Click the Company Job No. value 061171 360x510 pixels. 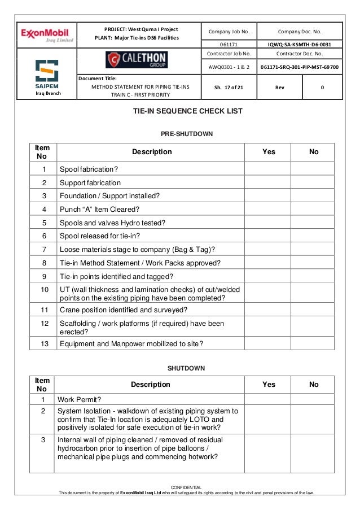228,43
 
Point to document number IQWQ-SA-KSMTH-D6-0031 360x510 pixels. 300,43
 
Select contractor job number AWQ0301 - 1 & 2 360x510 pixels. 228,67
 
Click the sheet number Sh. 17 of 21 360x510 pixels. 228,88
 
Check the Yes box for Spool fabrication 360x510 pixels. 269,169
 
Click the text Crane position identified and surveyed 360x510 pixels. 124,310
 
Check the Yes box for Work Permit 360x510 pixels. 269,399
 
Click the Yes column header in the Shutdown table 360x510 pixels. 269,385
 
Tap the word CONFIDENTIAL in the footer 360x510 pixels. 186,487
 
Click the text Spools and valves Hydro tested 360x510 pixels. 112,223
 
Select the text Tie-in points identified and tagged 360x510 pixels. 116,276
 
